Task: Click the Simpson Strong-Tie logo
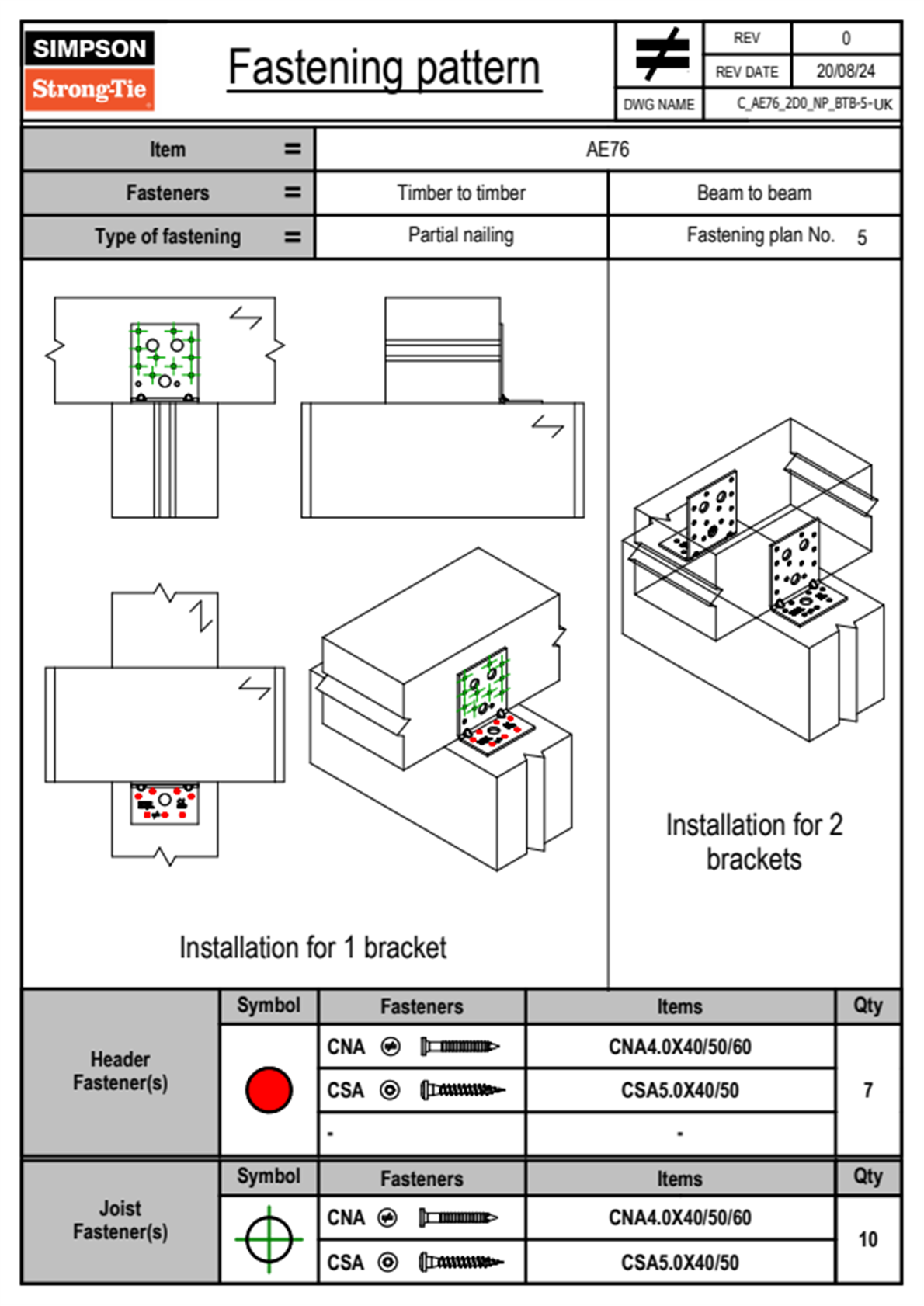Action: pyautogui.click(x=89, y=70)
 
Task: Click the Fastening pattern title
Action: pyautogui.click(x=384, y=68)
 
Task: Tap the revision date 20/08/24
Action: pyautogui.click(x=845, y=71)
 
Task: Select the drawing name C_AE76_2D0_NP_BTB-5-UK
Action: pyautogui.click(x=814, y=104)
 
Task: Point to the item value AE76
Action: pyautogui.click(x=607, y=149)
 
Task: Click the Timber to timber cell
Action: pyautogui.click(x=461, y=193)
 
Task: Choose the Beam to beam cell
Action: pyautogui.click(x=754, y=193)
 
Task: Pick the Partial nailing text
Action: pyautogui.click(x=461, y=235)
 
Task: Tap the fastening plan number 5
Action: pyautogui.click(x=861, y=238)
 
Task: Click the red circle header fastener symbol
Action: pyautogui.click(x=269, y=1089)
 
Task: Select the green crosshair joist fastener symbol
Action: pyautogui.click(x=269, y=1239)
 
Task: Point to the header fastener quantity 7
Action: pyautogui.click(x=867, y=1090)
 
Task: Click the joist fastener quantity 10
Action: pyautogui.click(x=867, y=1239)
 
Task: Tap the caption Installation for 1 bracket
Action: pyautogui.click(x=313, y=948)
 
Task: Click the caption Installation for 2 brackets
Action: pyautogui.click(x=754, y=842)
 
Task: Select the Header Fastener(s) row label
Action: pyautogui.click(x=120, y=1071)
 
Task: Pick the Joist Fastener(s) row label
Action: pyautogui.click(x=120, y=1220)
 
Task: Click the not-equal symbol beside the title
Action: pyautogui.click(x=661, y=55)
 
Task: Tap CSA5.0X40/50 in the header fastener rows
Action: pyautogui.click(x=679, y=1090)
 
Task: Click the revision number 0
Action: pyautogui.click(x=846, y=38)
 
